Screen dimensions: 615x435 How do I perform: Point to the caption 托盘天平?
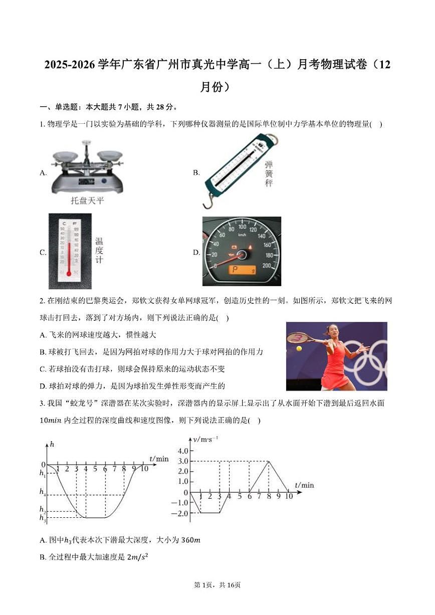(87, 201)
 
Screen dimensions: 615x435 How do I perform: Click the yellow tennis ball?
(299, 348)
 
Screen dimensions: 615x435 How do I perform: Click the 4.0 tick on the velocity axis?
(182, 451)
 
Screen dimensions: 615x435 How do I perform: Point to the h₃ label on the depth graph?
(43, 517)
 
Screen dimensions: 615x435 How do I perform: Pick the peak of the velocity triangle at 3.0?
(269, 461)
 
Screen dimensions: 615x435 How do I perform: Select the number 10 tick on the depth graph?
(144, 469)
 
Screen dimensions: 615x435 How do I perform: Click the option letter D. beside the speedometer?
(196, 252)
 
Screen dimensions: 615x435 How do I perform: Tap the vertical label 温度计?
(99, 250)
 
